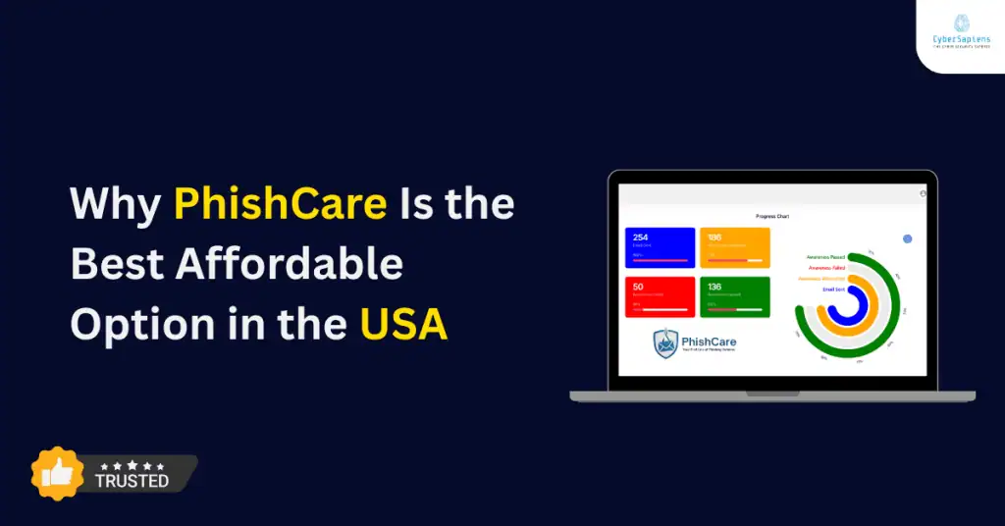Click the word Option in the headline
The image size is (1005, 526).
pos(130,324)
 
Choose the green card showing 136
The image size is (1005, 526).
pos(734,296)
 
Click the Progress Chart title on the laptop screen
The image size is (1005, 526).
pos(772,216)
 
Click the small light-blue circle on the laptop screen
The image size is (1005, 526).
pos(908,238)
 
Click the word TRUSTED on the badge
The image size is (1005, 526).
pos(132,481)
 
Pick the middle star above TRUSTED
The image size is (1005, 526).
pos(132,464)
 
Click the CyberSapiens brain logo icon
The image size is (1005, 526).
pos(961,23)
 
